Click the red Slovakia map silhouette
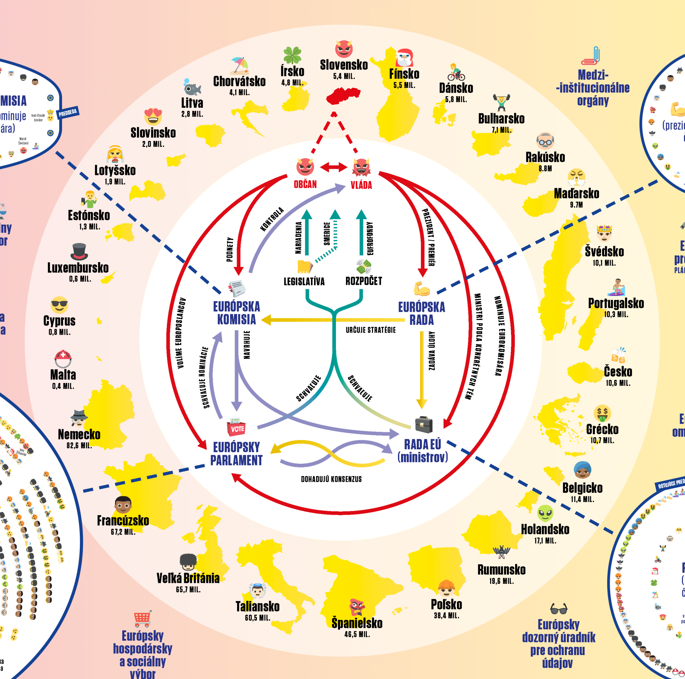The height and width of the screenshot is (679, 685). pyautogui.click(x=342, y=96)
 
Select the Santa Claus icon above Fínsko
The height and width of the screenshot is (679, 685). pyautogui.click(x=404, y=58)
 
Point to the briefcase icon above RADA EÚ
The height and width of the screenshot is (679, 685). pyautogui.click(x=424, y=424)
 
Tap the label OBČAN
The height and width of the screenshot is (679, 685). pyautogui.click(x=305, y=184)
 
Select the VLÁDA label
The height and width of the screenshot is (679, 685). pyautogui.click(x=361, y=185)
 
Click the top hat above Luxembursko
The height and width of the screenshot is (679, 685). pyautogui.click(x=79, y=252)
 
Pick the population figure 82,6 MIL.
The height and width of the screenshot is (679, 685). pyautogui.click(x=79, y=445)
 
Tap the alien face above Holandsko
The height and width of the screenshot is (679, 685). pyautogui.click(x=545, y=513)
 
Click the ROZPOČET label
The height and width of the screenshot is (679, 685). pyautogui.click(x=364, y=281)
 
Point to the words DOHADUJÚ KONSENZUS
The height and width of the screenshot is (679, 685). pyautogui.click(x=331, y=479)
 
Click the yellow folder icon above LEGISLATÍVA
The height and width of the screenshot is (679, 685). pyautogui.click(x=304, y=266)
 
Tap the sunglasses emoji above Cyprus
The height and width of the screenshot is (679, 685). pyautogui.click(x=59, y=305)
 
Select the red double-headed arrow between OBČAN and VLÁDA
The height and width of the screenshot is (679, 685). pyautogui.click(x=334, y=167)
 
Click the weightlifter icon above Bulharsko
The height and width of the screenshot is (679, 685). pyautogui.click(x=501, y=102)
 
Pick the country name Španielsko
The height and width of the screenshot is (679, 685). pyautogui.click(x=357, y=623)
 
